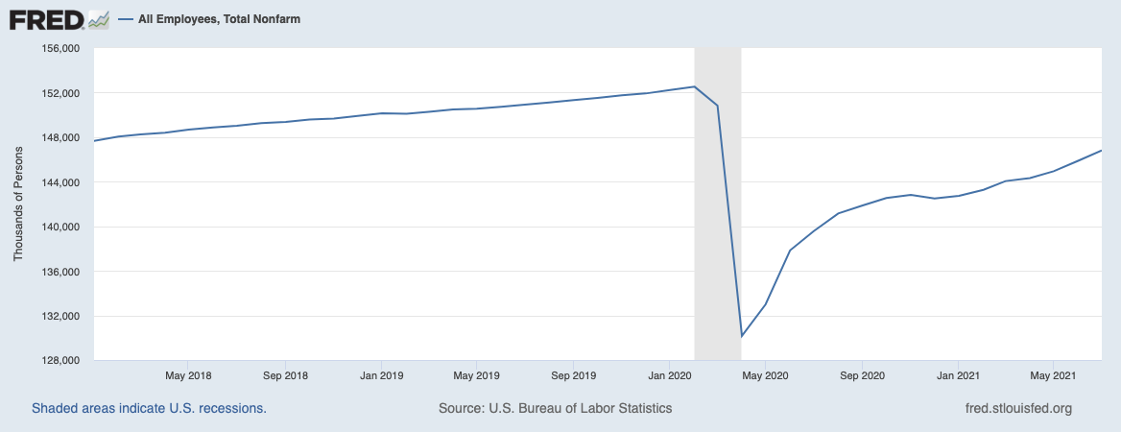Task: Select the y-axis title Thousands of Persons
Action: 18,204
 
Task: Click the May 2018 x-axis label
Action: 188,374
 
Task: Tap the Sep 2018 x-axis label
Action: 284,374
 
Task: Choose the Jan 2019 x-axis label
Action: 380,374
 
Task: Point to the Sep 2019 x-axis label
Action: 572,374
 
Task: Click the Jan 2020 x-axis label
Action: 668,374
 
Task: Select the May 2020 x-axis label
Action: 765,374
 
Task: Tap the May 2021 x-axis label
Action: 1053,374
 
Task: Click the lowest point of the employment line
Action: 742,337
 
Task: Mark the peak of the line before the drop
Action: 694,86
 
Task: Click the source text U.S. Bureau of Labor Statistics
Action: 555,408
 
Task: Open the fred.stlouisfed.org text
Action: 1018,408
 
